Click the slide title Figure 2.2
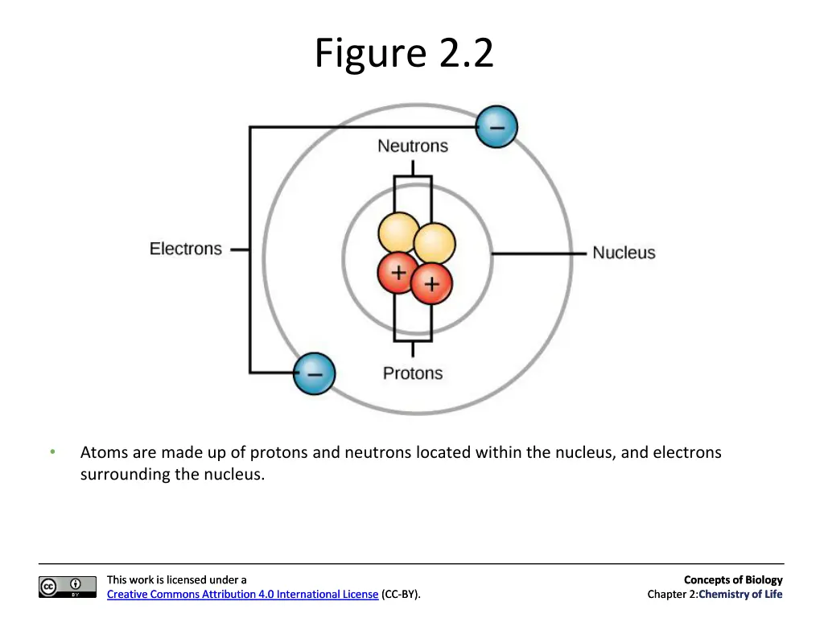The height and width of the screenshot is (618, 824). point(404,54)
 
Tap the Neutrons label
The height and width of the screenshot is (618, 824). point(413,146)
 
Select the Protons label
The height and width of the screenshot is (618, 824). point(413,373)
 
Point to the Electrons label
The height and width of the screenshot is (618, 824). point(186,249)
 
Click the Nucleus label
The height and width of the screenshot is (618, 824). point(624,253)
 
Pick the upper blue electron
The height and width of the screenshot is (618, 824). point(496,126)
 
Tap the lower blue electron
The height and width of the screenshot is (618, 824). point(315,373)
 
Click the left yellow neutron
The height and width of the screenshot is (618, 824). point(399,233)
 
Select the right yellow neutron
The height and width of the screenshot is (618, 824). point(435,243)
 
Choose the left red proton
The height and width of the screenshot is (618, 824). point(398,272)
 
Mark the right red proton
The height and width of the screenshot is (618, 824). point(431,284)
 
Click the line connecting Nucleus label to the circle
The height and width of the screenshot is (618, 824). point(538,253)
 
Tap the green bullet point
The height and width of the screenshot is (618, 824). point(52,451)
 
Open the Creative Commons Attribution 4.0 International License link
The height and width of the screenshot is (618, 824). point(242,595)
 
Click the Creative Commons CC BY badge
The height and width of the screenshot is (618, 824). point(68,587)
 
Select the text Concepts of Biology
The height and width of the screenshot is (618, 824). point(733,579)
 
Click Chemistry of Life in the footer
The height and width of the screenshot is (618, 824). point(740,595)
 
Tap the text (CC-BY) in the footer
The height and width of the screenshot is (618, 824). point(401,595)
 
